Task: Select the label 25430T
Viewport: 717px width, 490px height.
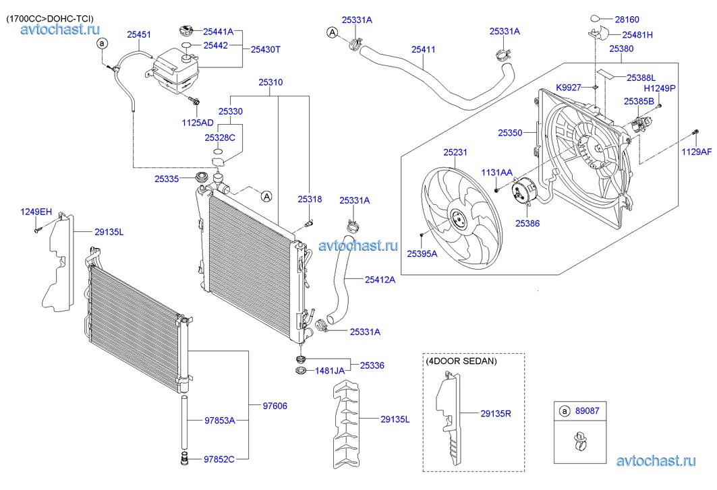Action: pyautogui.click(x=266, y=49)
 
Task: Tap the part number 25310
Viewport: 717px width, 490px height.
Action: pyautogui.click(x=270, y=82)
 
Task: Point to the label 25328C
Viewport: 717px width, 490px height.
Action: pyautogui.click(x=220, y=137)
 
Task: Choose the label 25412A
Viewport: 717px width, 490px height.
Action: pyautogui.click(x=380, y=279)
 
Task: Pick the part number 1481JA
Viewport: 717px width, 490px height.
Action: pyautogui.click(x=330, y=371)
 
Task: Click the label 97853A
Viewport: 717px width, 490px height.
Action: pyautogui.click(x=220, y=421)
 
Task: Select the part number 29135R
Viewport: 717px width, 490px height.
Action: pyautogui.click(x=496, y=413)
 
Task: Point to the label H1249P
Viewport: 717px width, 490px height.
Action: pyautogui.click(x=659, y=88)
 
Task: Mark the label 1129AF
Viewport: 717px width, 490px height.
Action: pyautogui.click(x=695, y=152)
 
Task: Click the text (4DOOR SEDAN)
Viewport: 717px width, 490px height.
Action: pyautogui.click(x=461, y=361)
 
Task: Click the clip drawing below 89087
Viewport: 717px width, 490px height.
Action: pyautogui.click(x=578, y=442)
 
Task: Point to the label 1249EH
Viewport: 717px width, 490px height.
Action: pyautogui.click(x=36, y=212)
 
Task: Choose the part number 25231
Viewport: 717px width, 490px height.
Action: pyautogui.click(x=455, y=153)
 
